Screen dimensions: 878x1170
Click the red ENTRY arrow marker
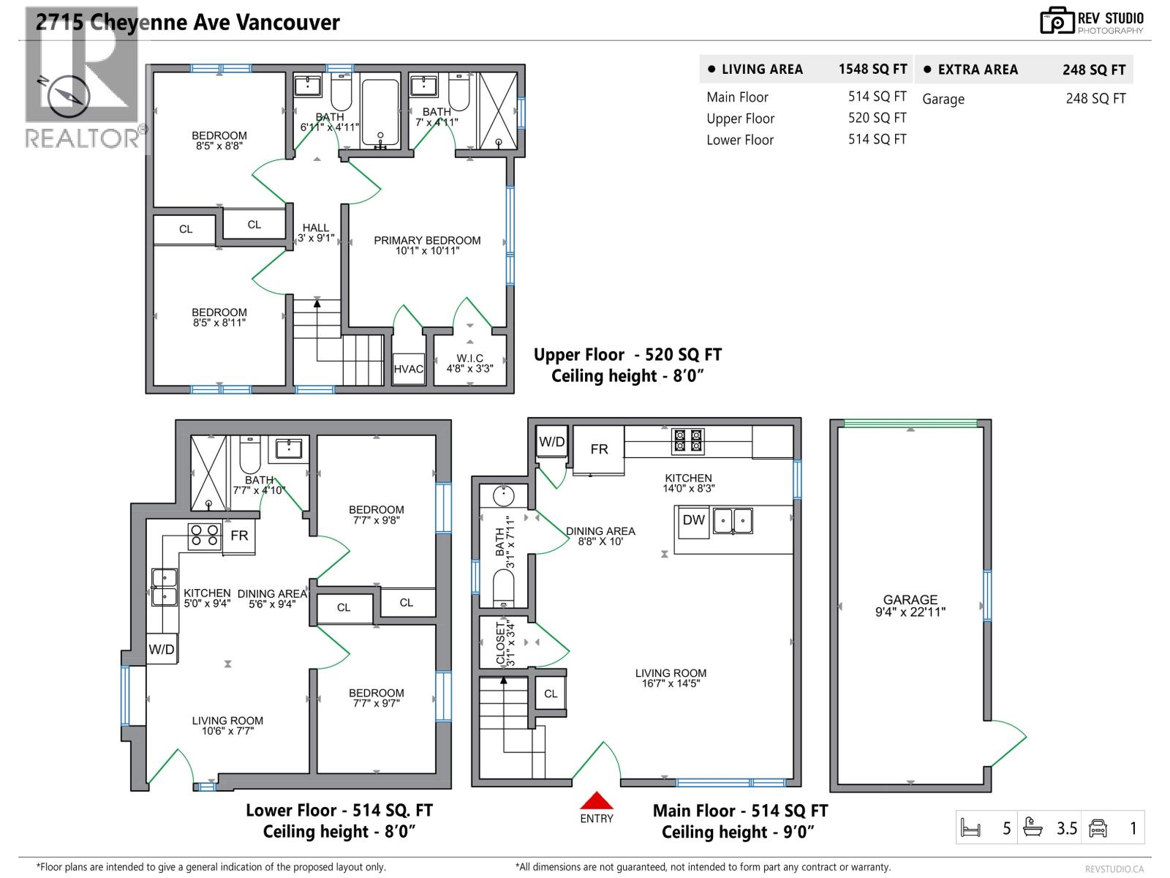tap(597, 800)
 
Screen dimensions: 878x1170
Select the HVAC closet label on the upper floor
tap(408, 369)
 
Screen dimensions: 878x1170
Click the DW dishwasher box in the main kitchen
tap(692, 521)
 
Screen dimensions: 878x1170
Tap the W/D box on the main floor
tap(551, 442)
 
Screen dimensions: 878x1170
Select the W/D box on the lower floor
tap(162, 650)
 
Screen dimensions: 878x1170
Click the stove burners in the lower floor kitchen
tap(205, 536)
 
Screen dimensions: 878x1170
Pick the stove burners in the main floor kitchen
tap(688, 441)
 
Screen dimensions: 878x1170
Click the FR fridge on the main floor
tap(599, 449)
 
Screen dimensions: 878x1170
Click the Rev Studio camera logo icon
tap(1057, 21)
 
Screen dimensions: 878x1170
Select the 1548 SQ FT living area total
tap(872, 70)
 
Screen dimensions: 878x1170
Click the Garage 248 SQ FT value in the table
tap(1095, 99)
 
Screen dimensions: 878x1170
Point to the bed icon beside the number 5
tap(970, 829)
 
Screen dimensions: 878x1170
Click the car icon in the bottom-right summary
tap(1098, 828)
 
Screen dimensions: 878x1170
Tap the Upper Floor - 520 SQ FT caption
tap(627, 355)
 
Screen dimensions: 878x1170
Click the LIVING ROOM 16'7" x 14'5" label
tap(671, 678)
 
